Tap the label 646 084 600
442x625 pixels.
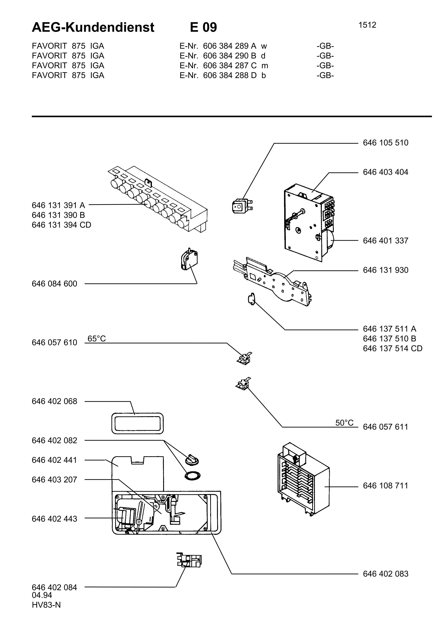click(x=54, y=284)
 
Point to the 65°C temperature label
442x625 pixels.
click(x=97, y=339)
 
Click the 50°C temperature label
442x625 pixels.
click(x=344, y=423)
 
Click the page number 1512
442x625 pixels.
click(x=367, y=25)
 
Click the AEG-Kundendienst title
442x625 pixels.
click(x=93, y=27)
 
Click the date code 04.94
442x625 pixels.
click(x=42, y=595)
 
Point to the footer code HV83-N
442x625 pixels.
click(x=46, y=605)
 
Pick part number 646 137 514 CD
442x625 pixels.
click(x=392, y=349)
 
